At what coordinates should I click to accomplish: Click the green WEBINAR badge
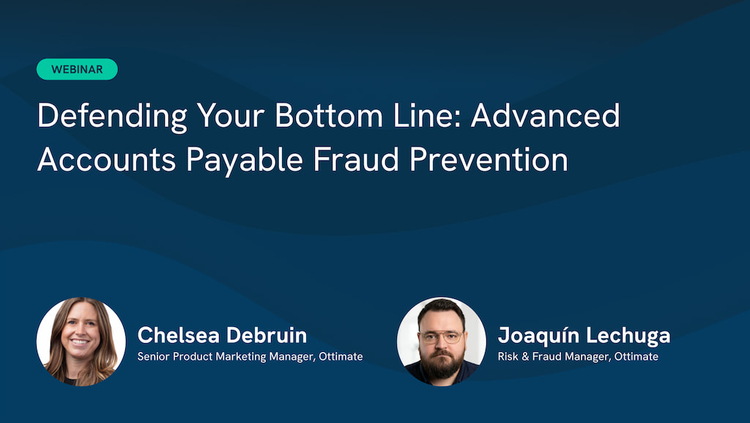point(77,70)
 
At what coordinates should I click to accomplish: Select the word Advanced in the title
point(545,116)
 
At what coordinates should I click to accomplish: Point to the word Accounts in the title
point(107,159)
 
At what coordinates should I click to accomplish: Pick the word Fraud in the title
point(356,159)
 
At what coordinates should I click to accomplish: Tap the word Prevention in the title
point(489,159)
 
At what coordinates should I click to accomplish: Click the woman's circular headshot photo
point(81,342)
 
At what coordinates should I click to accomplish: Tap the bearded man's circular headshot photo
point(442,342)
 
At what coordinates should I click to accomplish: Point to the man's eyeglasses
point(441,337)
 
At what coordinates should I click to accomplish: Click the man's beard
point(441,364)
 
